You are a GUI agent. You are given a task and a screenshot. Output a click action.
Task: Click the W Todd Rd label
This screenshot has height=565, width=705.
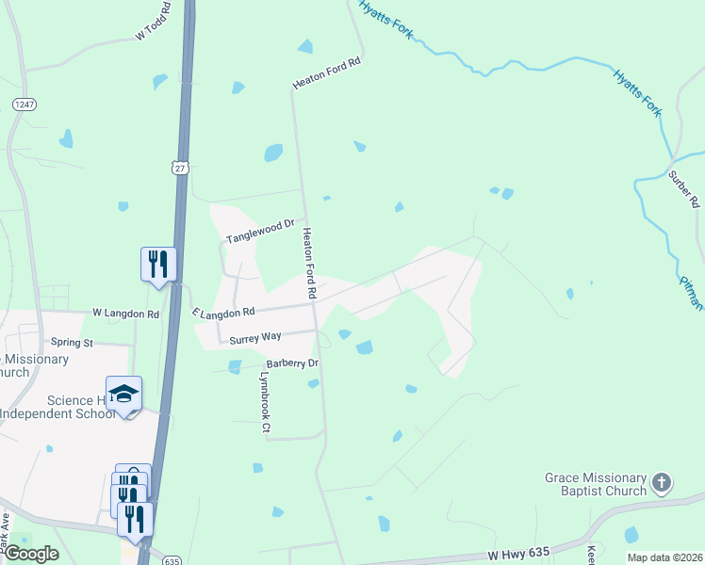pos(154,21)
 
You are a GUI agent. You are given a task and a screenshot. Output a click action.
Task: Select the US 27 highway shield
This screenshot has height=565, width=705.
pos(180,167)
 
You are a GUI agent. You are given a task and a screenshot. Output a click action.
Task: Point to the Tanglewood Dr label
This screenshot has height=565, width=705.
pos(260,232)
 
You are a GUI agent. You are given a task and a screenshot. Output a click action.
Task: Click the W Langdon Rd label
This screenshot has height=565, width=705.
pos(125,313)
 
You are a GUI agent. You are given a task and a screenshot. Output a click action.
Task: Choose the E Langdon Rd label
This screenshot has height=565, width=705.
pos(223,312)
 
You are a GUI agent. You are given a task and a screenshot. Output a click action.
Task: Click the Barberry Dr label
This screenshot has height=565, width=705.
pos(293,363)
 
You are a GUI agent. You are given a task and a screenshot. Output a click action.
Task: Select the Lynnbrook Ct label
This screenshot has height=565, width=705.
pos(265,402)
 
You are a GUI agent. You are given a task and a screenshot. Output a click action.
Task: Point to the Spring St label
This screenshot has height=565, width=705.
pos(72,343)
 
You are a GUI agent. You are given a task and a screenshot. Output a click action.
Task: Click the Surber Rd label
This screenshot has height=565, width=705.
pos(683,188)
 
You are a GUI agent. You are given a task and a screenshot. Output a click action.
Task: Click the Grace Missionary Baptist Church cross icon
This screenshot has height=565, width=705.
pos(662,484)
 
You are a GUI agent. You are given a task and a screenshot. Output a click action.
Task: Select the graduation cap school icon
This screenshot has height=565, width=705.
pos(123,394)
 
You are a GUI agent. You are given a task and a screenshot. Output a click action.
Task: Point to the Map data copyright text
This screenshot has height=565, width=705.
pos(664,557)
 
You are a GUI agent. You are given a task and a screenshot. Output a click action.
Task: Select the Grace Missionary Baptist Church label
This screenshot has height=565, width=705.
pos(596,484)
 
